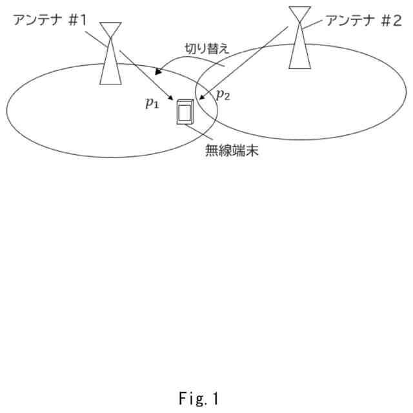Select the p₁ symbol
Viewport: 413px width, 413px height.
[x=152, y=103]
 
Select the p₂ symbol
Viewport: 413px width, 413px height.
[x=223, y=95]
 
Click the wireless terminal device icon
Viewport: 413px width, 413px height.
[x=185, y=112]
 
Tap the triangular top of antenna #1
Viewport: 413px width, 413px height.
[x=111, y=30]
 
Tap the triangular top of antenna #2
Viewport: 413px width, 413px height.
[x=299, y=14]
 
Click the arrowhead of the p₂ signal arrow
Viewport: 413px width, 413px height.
[x=199, y=99]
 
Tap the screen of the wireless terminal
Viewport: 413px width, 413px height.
[x=185, y=114]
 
